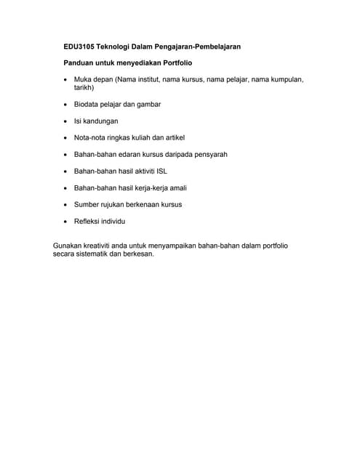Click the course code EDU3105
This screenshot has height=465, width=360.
pos(81,46)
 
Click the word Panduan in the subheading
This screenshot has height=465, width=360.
pos(79,64)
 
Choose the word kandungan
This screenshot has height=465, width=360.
pos(100,121)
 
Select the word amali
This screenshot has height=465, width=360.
pos(177,188)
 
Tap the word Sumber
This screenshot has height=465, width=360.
pos(87,205)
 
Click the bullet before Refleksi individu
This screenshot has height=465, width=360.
pos(66,222)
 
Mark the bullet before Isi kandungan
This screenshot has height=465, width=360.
pos(66,121)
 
